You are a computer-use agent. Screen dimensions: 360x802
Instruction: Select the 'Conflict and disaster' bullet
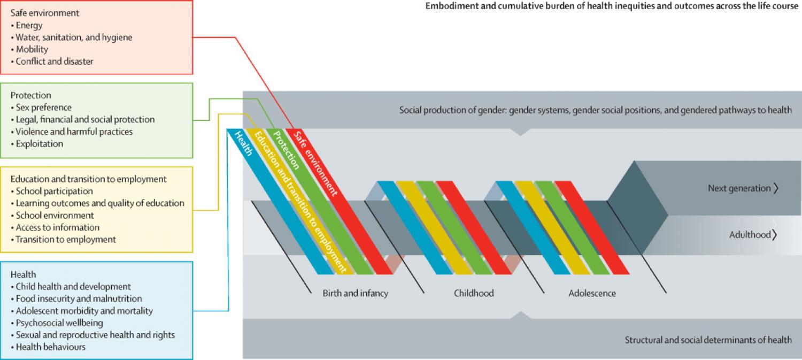point(54,61)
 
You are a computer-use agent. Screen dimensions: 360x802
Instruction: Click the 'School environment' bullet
point(55,215)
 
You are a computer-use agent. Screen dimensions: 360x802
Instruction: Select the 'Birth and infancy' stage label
point(355,293)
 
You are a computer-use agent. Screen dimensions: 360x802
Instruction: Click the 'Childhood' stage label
point(474,293)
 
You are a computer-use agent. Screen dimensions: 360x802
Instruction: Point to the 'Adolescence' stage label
point(592,293)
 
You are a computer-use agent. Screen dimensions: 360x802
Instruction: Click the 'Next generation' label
point(739,188)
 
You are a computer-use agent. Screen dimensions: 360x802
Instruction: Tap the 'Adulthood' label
point(750,234)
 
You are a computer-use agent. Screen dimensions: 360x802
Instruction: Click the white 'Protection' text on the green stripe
point(286,149)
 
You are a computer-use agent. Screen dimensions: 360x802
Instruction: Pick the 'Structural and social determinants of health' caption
point(708,340)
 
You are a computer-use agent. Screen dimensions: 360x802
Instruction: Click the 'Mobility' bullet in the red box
point(32,49)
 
